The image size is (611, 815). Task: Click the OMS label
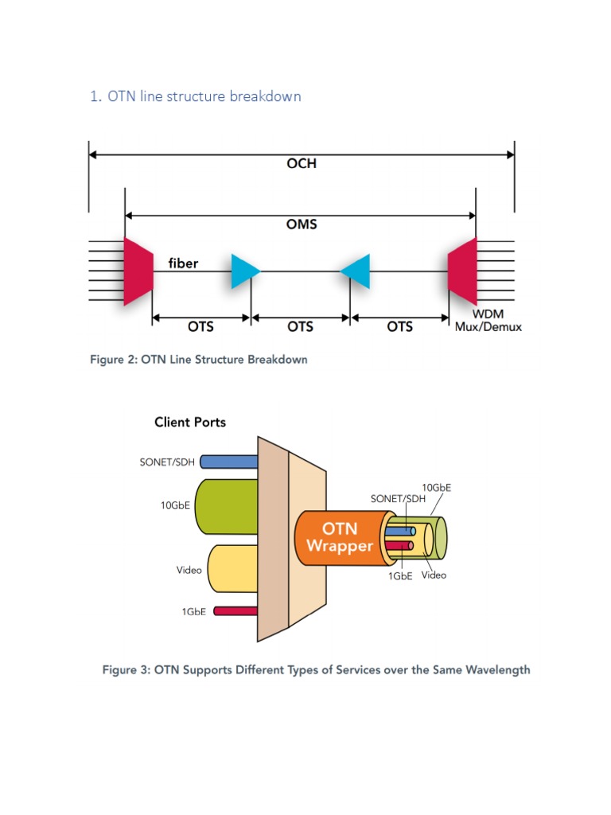pyautogui.click(x=301, y=224)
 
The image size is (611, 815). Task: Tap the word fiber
pyautogui.click(x=183, y=263)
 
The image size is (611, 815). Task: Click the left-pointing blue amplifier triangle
pyautogui.click(x=356, y=271)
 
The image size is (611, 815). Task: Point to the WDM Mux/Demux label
pyautogui.click(x=488, y=321)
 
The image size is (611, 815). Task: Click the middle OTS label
pyautogui.click(x=300, y=326)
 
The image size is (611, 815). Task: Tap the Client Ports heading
pyautogui.click(x=190, y=422)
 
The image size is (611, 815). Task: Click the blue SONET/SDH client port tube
pyautogui.click(x=228, y=462)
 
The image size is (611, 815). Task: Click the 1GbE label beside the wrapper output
pyautogui.click(x=400, y=576)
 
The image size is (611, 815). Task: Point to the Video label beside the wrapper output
pyautogui.click(x=434, y=575)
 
